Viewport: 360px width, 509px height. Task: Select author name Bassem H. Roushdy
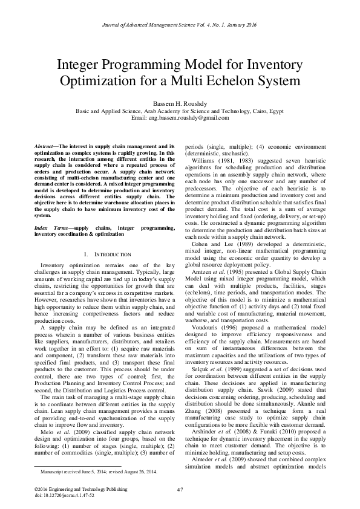tap(180, 102)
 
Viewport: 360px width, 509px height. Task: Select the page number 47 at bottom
tap(180, 489)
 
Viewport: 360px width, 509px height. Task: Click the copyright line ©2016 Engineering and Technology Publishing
tap(77, 488)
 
